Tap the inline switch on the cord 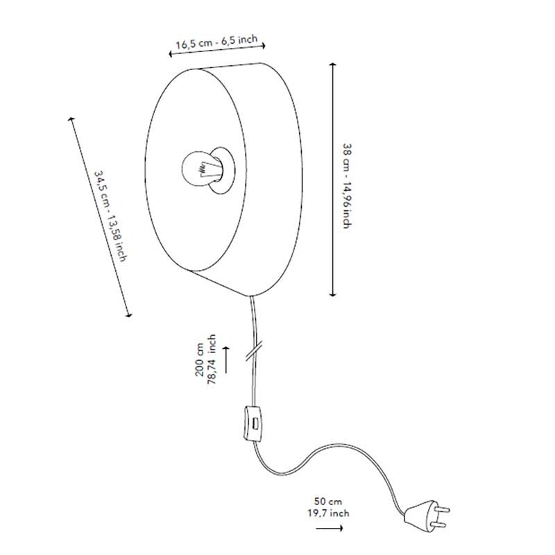[253, 424]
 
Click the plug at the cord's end [427, 515]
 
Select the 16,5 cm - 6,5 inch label [216, 42]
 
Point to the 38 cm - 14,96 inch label [348, 186]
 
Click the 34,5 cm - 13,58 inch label [110, 216]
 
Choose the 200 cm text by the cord [199, 359]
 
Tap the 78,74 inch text [212, 359]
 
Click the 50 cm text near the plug [328, 502]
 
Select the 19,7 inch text [328, 513]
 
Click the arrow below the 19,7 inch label [330, 528]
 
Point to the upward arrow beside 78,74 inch [226, 359]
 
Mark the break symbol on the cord [254, 350]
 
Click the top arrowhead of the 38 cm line [332, 65]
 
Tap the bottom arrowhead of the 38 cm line [332, 294]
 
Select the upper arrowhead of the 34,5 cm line [71, 119]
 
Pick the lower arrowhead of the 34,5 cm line [130, 315]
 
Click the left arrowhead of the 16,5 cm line [170, 54]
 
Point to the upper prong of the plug [443, 509]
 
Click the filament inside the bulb [205, 169]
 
